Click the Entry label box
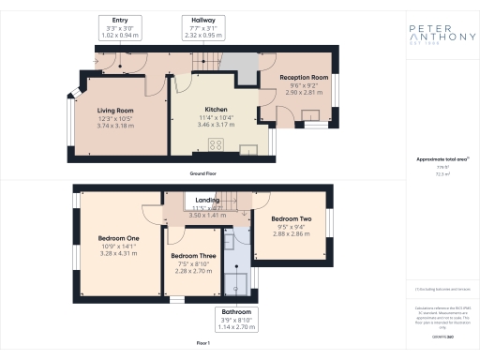point(120,26)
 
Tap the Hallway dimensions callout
point(203,26)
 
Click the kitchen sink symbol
point(248,147)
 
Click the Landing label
point(207,200)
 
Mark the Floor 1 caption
point(202,344)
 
